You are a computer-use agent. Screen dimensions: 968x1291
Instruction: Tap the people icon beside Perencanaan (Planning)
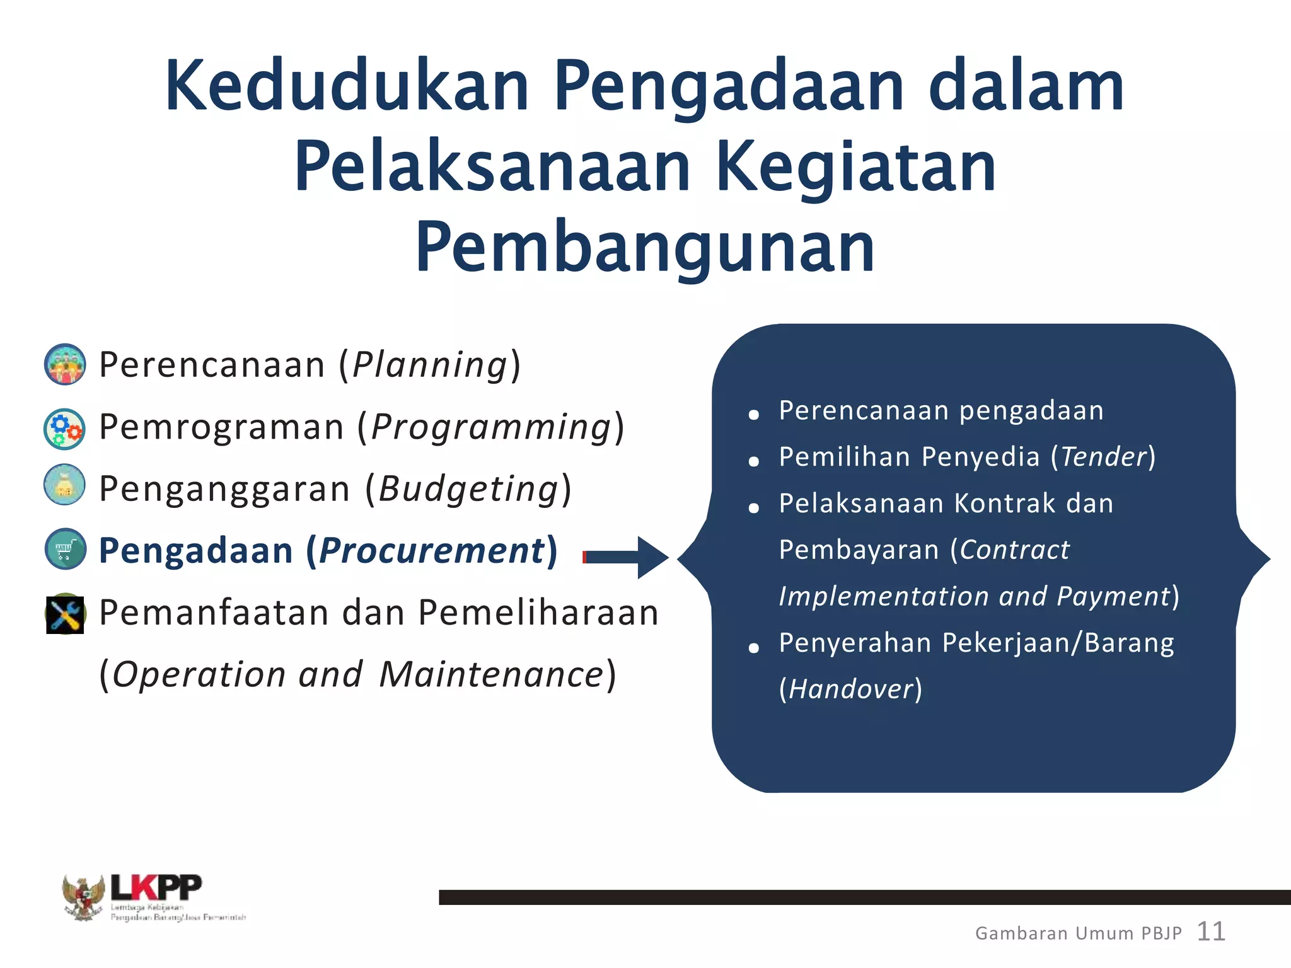[65, 364]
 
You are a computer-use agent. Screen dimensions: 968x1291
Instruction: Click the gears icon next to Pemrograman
[65, 429]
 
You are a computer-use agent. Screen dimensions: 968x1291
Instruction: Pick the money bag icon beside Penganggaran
[64, 485]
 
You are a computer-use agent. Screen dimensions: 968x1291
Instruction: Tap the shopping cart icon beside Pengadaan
[66, 549]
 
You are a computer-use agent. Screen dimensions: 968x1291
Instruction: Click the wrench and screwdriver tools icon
[65, 613]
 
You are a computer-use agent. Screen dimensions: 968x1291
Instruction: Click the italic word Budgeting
[469, 488]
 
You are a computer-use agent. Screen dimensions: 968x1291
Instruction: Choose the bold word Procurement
[432, 550]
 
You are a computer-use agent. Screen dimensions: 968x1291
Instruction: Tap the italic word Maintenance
[492, 674]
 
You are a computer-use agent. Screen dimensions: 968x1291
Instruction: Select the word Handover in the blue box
[851, 689]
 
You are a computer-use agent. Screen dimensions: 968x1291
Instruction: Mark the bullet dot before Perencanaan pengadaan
[753, 414]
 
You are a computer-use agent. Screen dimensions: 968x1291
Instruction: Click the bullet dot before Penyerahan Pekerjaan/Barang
[753, 647]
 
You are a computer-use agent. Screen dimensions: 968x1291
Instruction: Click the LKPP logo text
[156, 887]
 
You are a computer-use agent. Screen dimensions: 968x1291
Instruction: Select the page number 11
[1210, 931]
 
